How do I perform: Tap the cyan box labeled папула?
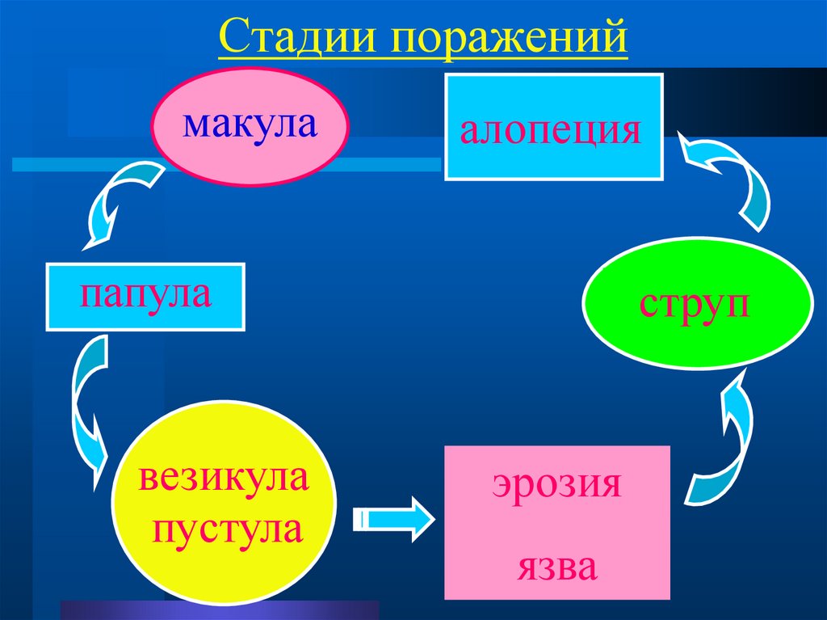(x=145, y=296)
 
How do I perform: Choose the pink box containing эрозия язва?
(x=557, y=522)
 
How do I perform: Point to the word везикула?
(x=224, y=480)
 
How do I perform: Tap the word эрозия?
(x=556, y=486)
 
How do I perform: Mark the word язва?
(x=557, y=567)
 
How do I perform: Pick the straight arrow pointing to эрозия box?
(x=394, y=517)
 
